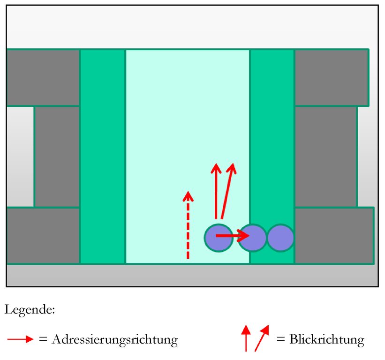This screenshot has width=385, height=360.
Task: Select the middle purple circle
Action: (253, 238)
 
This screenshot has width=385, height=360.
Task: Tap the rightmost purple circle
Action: (280, 238)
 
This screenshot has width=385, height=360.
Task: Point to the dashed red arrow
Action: (188, 225)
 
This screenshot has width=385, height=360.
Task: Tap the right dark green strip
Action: (272, 141)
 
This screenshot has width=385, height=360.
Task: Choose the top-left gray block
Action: (43, 77)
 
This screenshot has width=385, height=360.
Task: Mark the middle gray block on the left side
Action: (57, 156)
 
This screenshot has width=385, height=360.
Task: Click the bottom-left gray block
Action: (43, 235)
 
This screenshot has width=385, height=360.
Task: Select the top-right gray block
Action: (331, 77)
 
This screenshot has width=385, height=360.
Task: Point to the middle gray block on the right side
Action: (325, 156)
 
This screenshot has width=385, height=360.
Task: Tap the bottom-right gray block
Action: (334, 235)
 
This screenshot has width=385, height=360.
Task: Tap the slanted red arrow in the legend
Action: (262, 337)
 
